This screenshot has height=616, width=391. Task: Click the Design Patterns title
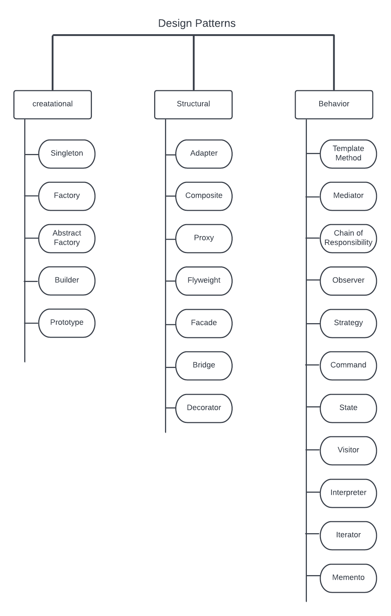coord(197,23)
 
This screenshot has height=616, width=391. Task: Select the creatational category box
coord(53,104)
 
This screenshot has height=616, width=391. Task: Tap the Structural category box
coord(193,104)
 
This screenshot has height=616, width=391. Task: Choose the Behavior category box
coord(334,104)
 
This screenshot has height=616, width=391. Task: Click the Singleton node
coord(67,154)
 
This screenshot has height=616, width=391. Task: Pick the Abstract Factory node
coord(67,238)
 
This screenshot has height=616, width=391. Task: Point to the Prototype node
coord(67,323)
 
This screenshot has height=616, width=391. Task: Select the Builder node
coord(67,281)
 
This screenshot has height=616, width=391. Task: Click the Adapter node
coord(204,154)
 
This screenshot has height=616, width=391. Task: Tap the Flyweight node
coord(204,281)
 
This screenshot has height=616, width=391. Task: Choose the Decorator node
coord(204,408)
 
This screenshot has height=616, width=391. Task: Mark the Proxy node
coord(204,238)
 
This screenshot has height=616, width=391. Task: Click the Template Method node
coord(348,154)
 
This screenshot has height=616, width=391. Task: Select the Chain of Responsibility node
coord(348,238)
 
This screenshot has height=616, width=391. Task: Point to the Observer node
coord(348,281)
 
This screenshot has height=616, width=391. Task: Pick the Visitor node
coord(348,450)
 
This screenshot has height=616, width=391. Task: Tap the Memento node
coord(348,578)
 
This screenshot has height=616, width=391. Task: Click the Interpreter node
coord(348,493)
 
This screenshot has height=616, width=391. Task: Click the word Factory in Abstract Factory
coord(67,243)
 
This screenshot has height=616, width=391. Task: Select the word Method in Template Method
coord(348,158)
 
